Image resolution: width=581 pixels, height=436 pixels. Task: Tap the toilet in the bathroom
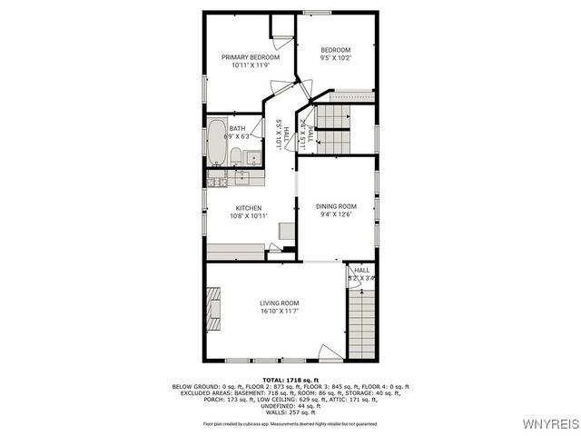tap(235, 156)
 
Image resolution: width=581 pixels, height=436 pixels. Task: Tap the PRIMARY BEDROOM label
tap(250, 61)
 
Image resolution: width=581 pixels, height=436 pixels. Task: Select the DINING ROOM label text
tap(335, 210)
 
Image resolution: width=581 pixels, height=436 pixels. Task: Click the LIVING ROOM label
tap(279, 307)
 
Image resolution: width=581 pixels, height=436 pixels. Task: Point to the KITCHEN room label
tap(248, 212)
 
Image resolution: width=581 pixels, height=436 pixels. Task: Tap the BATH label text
tap(238, 133)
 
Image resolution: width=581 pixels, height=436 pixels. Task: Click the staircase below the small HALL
tap(361, 322)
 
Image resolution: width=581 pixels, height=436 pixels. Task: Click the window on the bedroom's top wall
tap(317, 12)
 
